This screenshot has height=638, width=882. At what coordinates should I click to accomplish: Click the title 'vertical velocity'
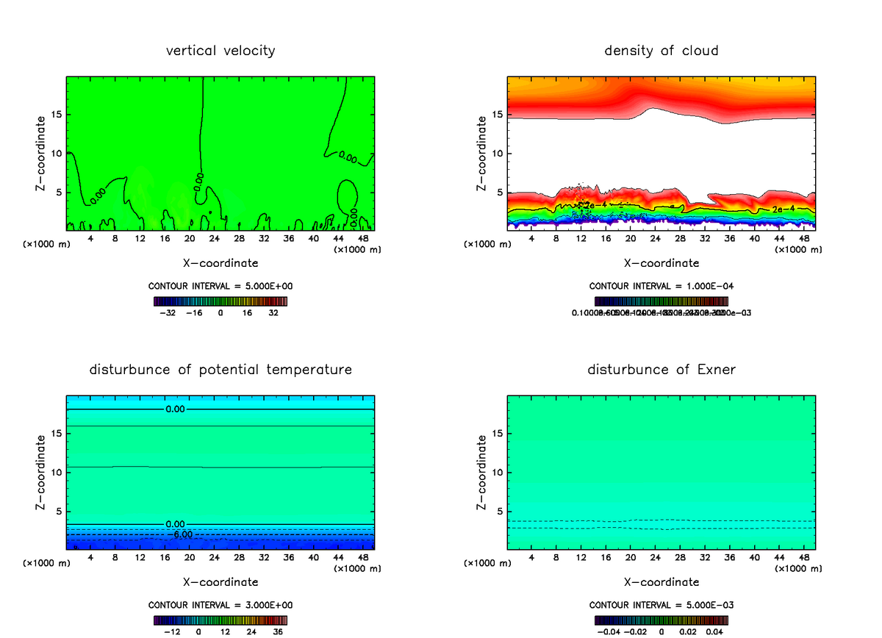tap(220, 51)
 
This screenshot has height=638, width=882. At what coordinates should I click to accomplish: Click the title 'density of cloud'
tap(661, 51)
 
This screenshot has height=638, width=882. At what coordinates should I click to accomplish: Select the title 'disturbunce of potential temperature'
tap(220, 369)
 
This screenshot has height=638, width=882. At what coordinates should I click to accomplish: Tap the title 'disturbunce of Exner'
tap(661, 369)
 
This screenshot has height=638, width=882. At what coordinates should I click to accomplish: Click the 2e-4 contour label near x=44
tap(782, 209)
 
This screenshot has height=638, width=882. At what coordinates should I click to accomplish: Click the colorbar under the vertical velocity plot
tap(220, 301)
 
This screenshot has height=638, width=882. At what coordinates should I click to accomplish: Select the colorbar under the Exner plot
tap(661, 620)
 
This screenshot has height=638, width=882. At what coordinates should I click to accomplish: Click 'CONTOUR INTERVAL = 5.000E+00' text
tap(220, 286)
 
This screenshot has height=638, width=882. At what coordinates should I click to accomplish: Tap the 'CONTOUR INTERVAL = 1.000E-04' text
tap(661, 286)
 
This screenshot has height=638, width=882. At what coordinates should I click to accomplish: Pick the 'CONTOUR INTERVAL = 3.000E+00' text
tap(220, 605)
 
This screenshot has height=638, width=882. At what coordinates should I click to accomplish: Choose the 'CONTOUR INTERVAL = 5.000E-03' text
tap(661, 605)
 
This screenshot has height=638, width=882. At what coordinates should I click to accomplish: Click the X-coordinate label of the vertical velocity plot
tap(220, 262)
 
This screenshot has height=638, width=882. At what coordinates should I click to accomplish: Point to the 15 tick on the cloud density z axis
tap(498, 114)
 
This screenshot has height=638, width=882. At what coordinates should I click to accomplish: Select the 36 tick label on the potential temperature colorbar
tap(279, 631)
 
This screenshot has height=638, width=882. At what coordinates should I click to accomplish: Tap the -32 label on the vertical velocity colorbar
tap(168, 312)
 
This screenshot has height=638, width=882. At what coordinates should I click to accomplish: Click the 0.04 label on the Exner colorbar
tap(716, 631)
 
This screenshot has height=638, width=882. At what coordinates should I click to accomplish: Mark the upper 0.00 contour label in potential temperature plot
tap(175, 409)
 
